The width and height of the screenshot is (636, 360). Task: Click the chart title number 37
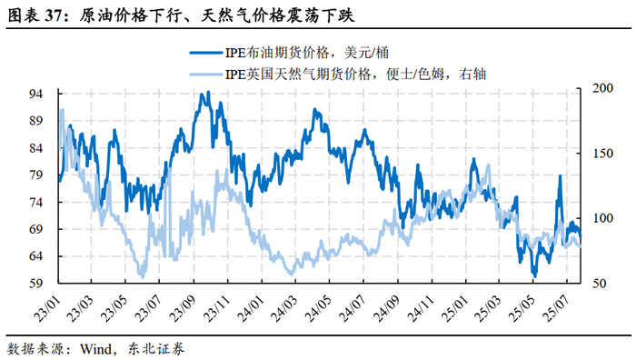54,15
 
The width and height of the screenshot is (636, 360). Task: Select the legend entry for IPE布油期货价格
289,53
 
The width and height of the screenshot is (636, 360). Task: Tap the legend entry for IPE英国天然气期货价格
337,75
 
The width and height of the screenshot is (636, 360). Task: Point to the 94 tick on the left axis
35,94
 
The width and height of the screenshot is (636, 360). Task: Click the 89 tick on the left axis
35,121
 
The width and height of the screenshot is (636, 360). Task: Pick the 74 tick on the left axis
35,202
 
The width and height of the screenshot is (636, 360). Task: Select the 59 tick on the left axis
35,283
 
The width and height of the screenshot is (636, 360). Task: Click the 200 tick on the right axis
602,88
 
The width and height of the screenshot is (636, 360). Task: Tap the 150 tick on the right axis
602,153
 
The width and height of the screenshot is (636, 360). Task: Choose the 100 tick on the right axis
602,218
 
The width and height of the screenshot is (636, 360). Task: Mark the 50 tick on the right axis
600,283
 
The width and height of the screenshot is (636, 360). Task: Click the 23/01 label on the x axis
47,308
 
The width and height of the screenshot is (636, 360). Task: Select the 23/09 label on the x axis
184,308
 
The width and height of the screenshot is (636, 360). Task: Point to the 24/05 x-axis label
319,308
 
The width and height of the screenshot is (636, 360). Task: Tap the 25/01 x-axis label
454,308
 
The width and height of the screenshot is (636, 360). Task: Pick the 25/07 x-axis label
556,308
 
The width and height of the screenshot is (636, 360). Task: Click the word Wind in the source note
95,348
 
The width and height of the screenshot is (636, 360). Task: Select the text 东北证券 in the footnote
156,348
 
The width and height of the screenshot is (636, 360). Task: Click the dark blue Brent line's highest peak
208,93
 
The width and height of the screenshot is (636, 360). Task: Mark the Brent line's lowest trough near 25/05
534,275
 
